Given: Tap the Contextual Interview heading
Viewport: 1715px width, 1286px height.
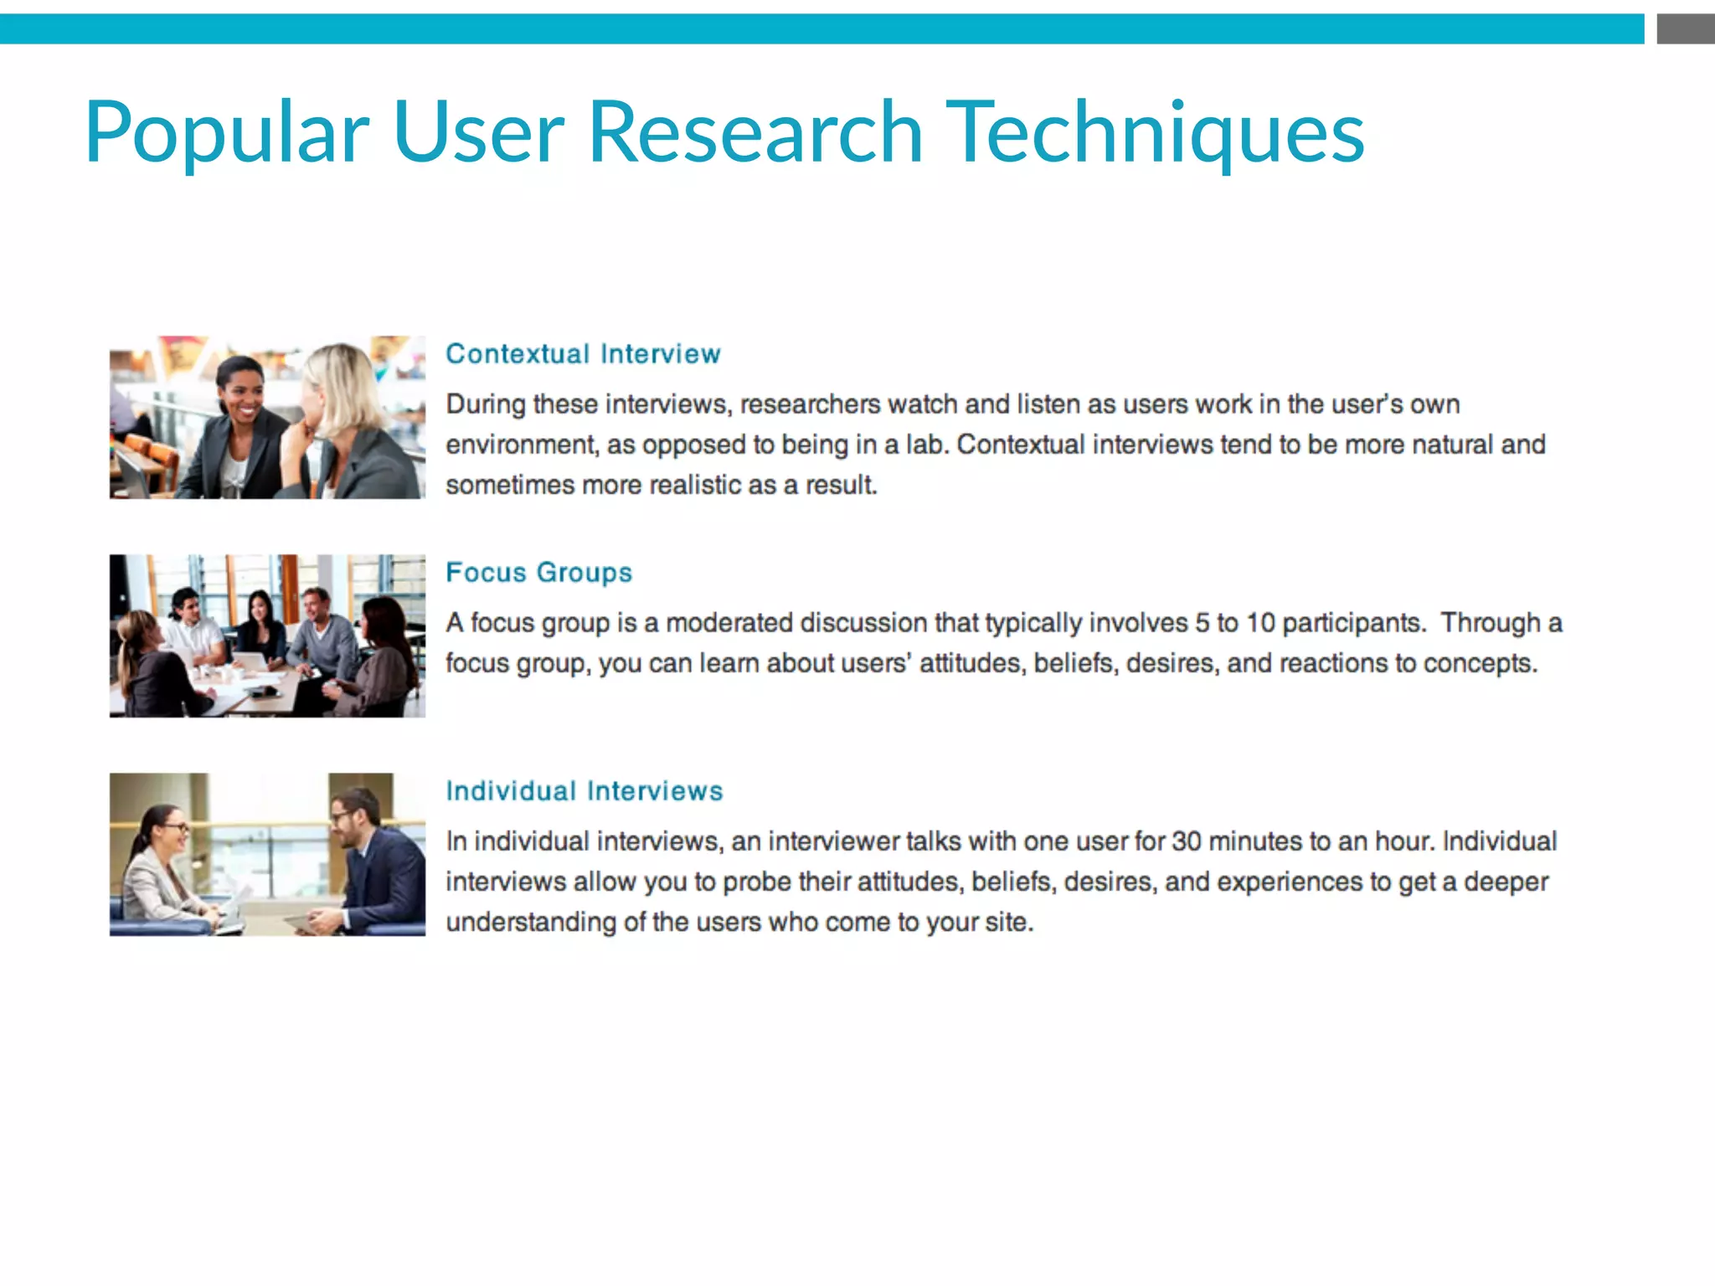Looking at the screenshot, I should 583,354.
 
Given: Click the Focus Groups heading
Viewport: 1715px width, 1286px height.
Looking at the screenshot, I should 538,573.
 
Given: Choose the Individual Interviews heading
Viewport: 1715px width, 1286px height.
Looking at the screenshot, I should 584,791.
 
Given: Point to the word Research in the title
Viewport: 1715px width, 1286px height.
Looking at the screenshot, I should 754,132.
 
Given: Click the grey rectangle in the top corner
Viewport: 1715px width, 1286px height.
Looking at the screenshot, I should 1685,29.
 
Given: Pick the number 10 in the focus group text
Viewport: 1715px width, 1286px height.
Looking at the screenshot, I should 1260,623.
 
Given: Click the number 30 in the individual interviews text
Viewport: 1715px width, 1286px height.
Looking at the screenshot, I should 1186,841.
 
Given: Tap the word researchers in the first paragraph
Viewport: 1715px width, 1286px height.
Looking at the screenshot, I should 806,404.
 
